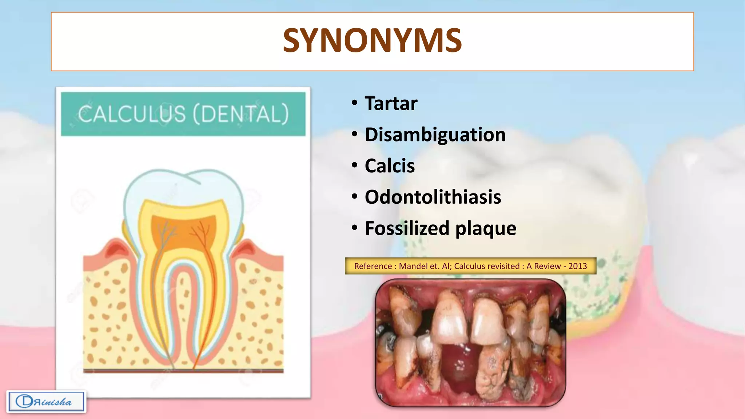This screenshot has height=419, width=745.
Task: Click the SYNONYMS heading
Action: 372,41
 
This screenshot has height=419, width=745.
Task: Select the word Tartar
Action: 391,104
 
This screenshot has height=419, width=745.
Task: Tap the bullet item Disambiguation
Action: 435,135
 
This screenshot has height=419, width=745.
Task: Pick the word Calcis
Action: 389,166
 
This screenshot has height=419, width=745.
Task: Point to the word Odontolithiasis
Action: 433,197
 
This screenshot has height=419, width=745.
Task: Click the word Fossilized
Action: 407,229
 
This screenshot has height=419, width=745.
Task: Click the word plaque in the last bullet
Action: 486,229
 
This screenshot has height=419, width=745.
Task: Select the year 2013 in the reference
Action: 577,266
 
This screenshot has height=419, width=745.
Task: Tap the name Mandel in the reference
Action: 413,266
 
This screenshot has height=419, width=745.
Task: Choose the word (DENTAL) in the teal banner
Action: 241,114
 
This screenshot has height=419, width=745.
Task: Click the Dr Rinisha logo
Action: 46,402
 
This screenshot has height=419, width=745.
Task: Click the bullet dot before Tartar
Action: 355,103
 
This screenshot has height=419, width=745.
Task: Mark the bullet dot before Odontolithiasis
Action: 355,197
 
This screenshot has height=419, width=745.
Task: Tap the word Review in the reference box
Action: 547,266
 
